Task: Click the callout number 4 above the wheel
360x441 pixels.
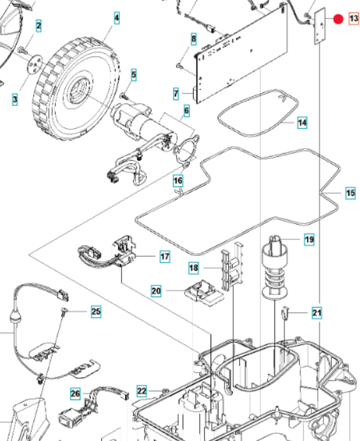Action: coord(116,19)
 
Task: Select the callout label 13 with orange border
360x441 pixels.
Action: coord(354,19)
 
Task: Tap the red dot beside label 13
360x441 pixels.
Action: coord(338,19)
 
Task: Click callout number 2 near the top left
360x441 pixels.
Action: coord(39,26)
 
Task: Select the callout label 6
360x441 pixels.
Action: coord(186,111)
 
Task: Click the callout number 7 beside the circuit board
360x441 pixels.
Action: coord(176,94)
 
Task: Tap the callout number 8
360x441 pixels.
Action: coord(193,40)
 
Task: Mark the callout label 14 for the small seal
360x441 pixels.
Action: coord(302,122)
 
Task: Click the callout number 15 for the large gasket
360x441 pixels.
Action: coord(350,193)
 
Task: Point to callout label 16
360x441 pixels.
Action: coord(178,181)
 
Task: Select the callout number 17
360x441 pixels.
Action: coord(165,257)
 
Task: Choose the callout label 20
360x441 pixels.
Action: coord(156,291)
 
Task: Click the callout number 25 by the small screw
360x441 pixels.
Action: coord(95,312)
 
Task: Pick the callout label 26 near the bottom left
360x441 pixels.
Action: coord(75,393)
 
